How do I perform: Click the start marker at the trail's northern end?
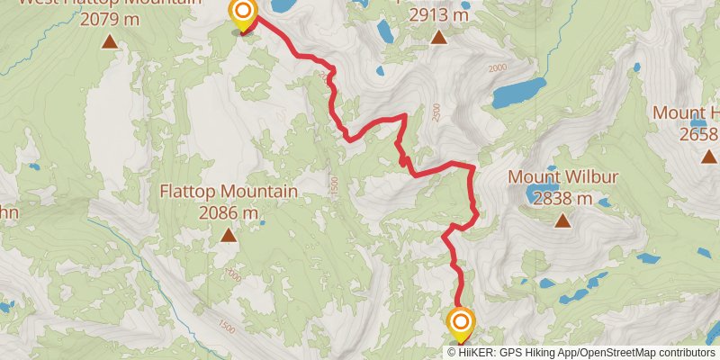point(243,13)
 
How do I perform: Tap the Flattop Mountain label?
point(229,192)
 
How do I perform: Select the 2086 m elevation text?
point(229,213)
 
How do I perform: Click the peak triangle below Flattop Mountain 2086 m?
point(229,236)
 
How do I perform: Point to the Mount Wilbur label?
point(562,176)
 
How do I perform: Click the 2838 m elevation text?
point(562,198)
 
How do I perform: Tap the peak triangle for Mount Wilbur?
point(562,220)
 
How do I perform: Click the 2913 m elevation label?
point(438,15)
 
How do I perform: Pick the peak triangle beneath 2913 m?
point(438,37)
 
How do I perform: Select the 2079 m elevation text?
point(110,18)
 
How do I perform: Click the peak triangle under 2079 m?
point(110,40)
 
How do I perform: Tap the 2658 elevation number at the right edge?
point(699,134)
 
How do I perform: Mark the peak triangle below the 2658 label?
point(707,157)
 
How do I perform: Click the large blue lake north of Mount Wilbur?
point(518,92)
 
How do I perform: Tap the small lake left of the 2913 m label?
point(385,31)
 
